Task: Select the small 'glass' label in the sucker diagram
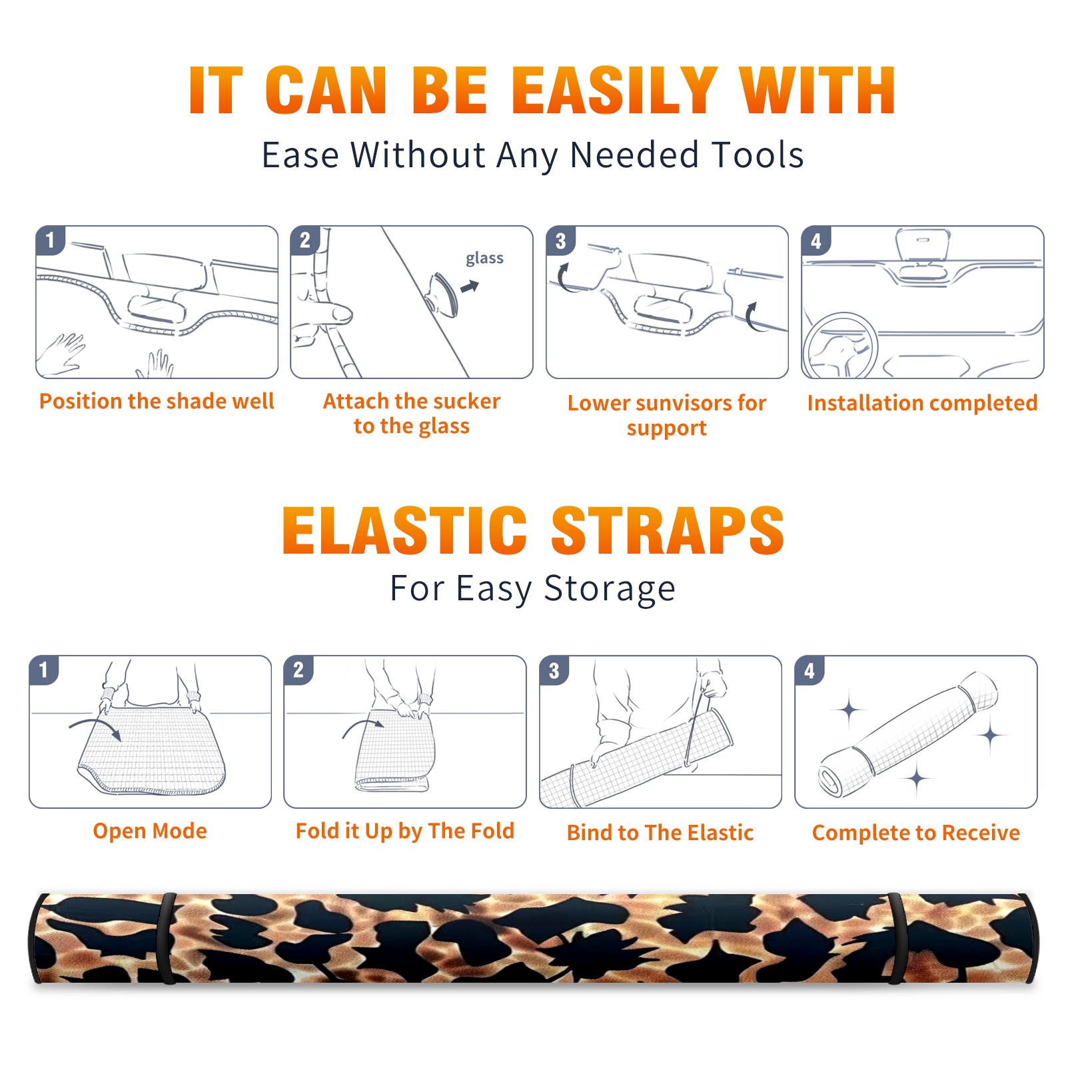point(484,259)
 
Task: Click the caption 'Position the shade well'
point(157,401)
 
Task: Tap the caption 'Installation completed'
point(922,403)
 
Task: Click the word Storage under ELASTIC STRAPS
point(610,590)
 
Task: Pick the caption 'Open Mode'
point(150,831)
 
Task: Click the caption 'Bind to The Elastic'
point(660,833)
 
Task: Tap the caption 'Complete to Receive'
point(916,833)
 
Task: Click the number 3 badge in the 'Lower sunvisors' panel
point(560,241)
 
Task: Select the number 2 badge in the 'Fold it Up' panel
point(298,670)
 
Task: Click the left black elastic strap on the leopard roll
point(168,938)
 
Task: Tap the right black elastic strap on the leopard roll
point(897,938)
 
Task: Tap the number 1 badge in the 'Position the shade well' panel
point(50,241)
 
